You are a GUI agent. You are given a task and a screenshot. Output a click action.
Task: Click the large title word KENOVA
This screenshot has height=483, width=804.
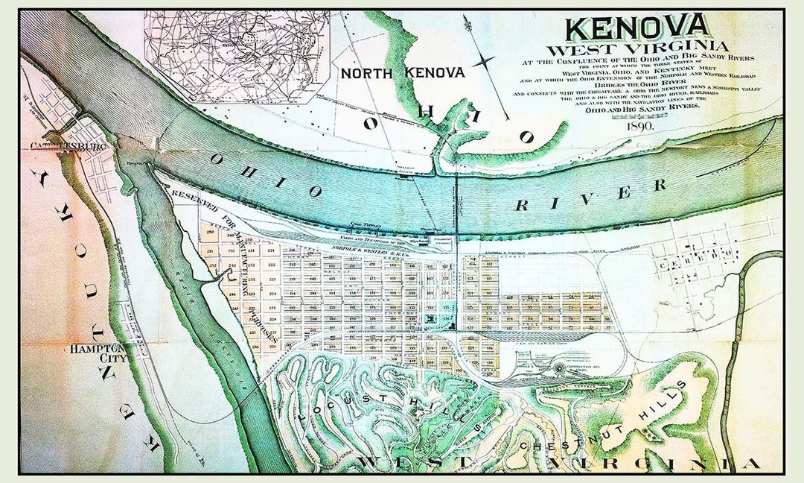tap(637, 28)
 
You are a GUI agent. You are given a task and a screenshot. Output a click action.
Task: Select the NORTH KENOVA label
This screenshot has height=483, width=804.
tap(403, 72)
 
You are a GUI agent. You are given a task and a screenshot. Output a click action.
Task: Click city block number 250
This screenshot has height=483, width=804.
tap(211, 233)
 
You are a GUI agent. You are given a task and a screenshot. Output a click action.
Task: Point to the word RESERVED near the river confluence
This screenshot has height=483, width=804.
tap(189, 198)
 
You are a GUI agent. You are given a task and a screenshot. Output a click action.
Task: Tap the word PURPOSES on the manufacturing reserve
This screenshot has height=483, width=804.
tap(264, 329)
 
